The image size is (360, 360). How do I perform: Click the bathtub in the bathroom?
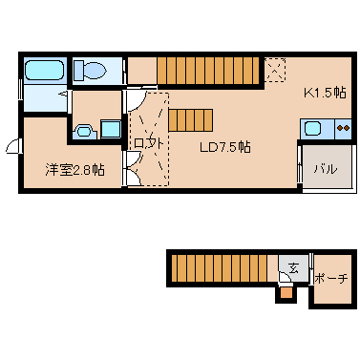click(43, 71)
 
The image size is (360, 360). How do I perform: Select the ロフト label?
click(149, 143)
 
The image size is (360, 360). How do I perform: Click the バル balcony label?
click(326, 168)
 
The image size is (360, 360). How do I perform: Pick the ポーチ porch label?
click(330, 278)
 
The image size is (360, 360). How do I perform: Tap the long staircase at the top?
click(208, 70)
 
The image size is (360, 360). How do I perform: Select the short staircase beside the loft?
click(190, 119)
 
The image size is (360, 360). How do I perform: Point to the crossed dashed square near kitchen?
click(275, 69)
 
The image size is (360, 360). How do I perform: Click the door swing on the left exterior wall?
click(12, 145)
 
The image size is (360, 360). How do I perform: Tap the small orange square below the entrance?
click(284, 294)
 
